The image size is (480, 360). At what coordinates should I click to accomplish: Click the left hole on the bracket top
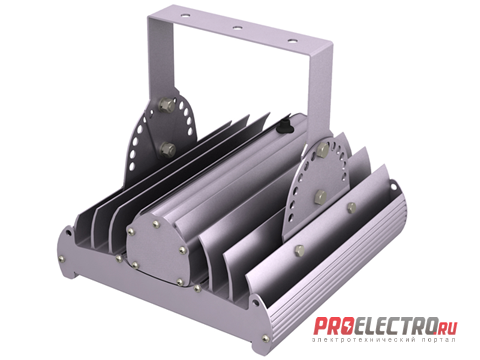[x=184, y=15]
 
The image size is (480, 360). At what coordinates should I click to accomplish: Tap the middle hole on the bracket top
[x=237, y=28]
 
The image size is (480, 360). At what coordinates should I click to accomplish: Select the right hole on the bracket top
[x=293, y=41]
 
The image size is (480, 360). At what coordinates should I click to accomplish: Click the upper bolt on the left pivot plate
[x=166, y=105]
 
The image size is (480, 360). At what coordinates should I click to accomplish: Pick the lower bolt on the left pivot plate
[x=167, y=149]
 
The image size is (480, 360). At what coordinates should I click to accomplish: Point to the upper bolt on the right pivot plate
[x=323, y=150]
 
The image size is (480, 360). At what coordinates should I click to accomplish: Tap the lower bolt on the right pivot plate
[x=320, y=197]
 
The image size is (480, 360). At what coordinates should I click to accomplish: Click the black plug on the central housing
[x=284, y=127]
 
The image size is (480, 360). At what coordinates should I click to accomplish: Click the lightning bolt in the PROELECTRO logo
[x=348, y=327]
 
